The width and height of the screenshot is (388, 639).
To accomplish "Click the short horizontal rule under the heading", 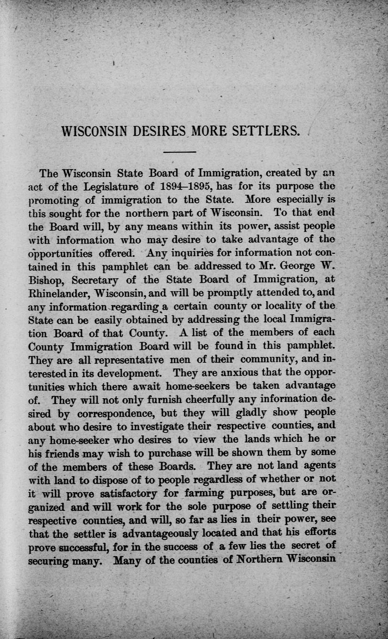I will click(180, 152).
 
